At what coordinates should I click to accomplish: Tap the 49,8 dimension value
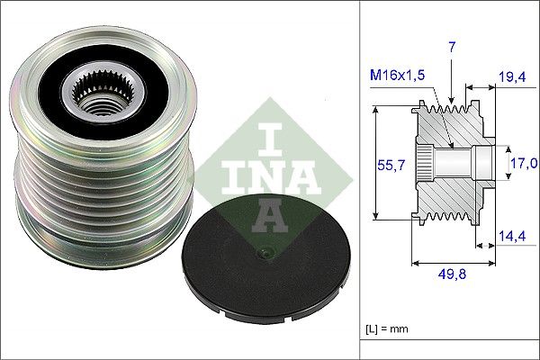point(453,276)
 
